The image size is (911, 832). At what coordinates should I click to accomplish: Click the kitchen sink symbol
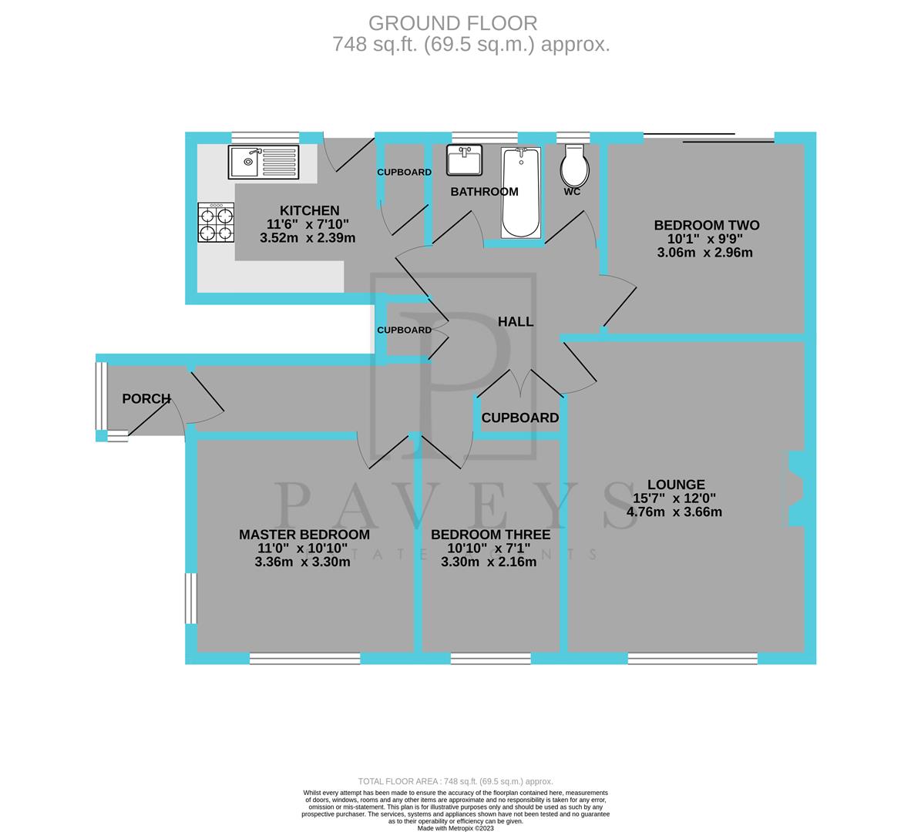pyautogui.click(x=264, y=162)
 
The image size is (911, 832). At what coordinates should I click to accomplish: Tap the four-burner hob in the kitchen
pyautogui.click(x=216, y=223)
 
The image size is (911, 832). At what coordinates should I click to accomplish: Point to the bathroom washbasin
pyautogui.click(x=465, y=161)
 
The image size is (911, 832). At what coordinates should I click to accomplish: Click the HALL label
pyautogui.click(x=516, y=322)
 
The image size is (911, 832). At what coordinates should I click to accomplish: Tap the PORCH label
pyautogui.click(x=146, y=399)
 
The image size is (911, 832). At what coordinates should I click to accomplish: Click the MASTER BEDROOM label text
pyautogui.click(x=304, y=535)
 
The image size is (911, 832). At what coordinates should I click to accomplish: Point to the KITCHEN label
pyautogui.click(x=309, y=211)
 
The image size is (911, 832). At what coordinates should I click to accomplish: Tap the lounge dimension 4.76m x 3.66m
pyautogui.click(x=674, y=512)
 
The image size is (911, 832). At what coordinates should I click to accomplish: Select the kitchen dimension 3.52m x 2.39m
pyautogui.click(x=308, y=238)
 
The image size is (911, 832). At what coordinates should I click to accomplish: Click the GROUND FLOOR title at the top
pyautogui.click(x=452, y=23)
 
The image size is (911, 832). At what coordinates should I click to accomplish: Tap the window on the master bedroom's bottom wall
pyautogui.click(x=305, y=658)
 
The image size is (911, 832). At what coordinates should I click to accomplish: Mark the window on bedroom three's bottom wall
pyautogui.click(x=491, y=658)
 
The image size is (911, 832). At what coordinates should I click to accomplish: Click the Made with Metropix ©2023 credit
pyautogui.click(x=455, y=828)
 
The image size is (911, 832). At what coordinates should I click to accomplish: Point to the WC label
pyautogui.click(x=571, y=192)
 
